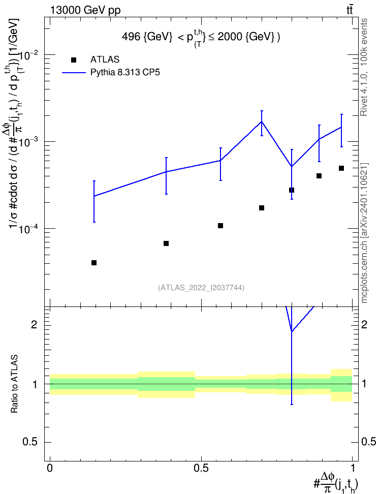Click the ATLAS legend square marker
(74, 60)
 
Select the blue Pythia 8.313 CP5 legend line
(74, 73)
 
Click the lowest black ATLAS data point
(94, 263)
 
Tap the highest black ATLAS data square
(341, 168)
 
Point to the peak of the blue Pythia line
(262, 121)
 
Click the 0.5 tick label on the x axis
(201, 468)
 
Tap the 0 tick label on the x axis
(50, 468)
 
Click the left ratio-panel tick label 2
(34, 324)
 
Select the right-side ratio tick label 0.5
(369, 442)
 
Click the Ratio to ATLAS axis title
(14, 384)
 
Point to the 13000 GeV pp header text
(85, 10)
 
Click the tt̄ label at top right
(350, 10)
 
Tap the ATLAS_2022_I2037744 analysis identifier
(201, 288)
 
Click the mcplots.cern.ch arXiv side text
(364, 233)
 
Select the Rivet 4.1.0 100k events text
(364, 67)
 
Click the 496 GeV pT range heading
(201, 38)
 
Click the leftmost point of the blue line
(94, 196)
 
